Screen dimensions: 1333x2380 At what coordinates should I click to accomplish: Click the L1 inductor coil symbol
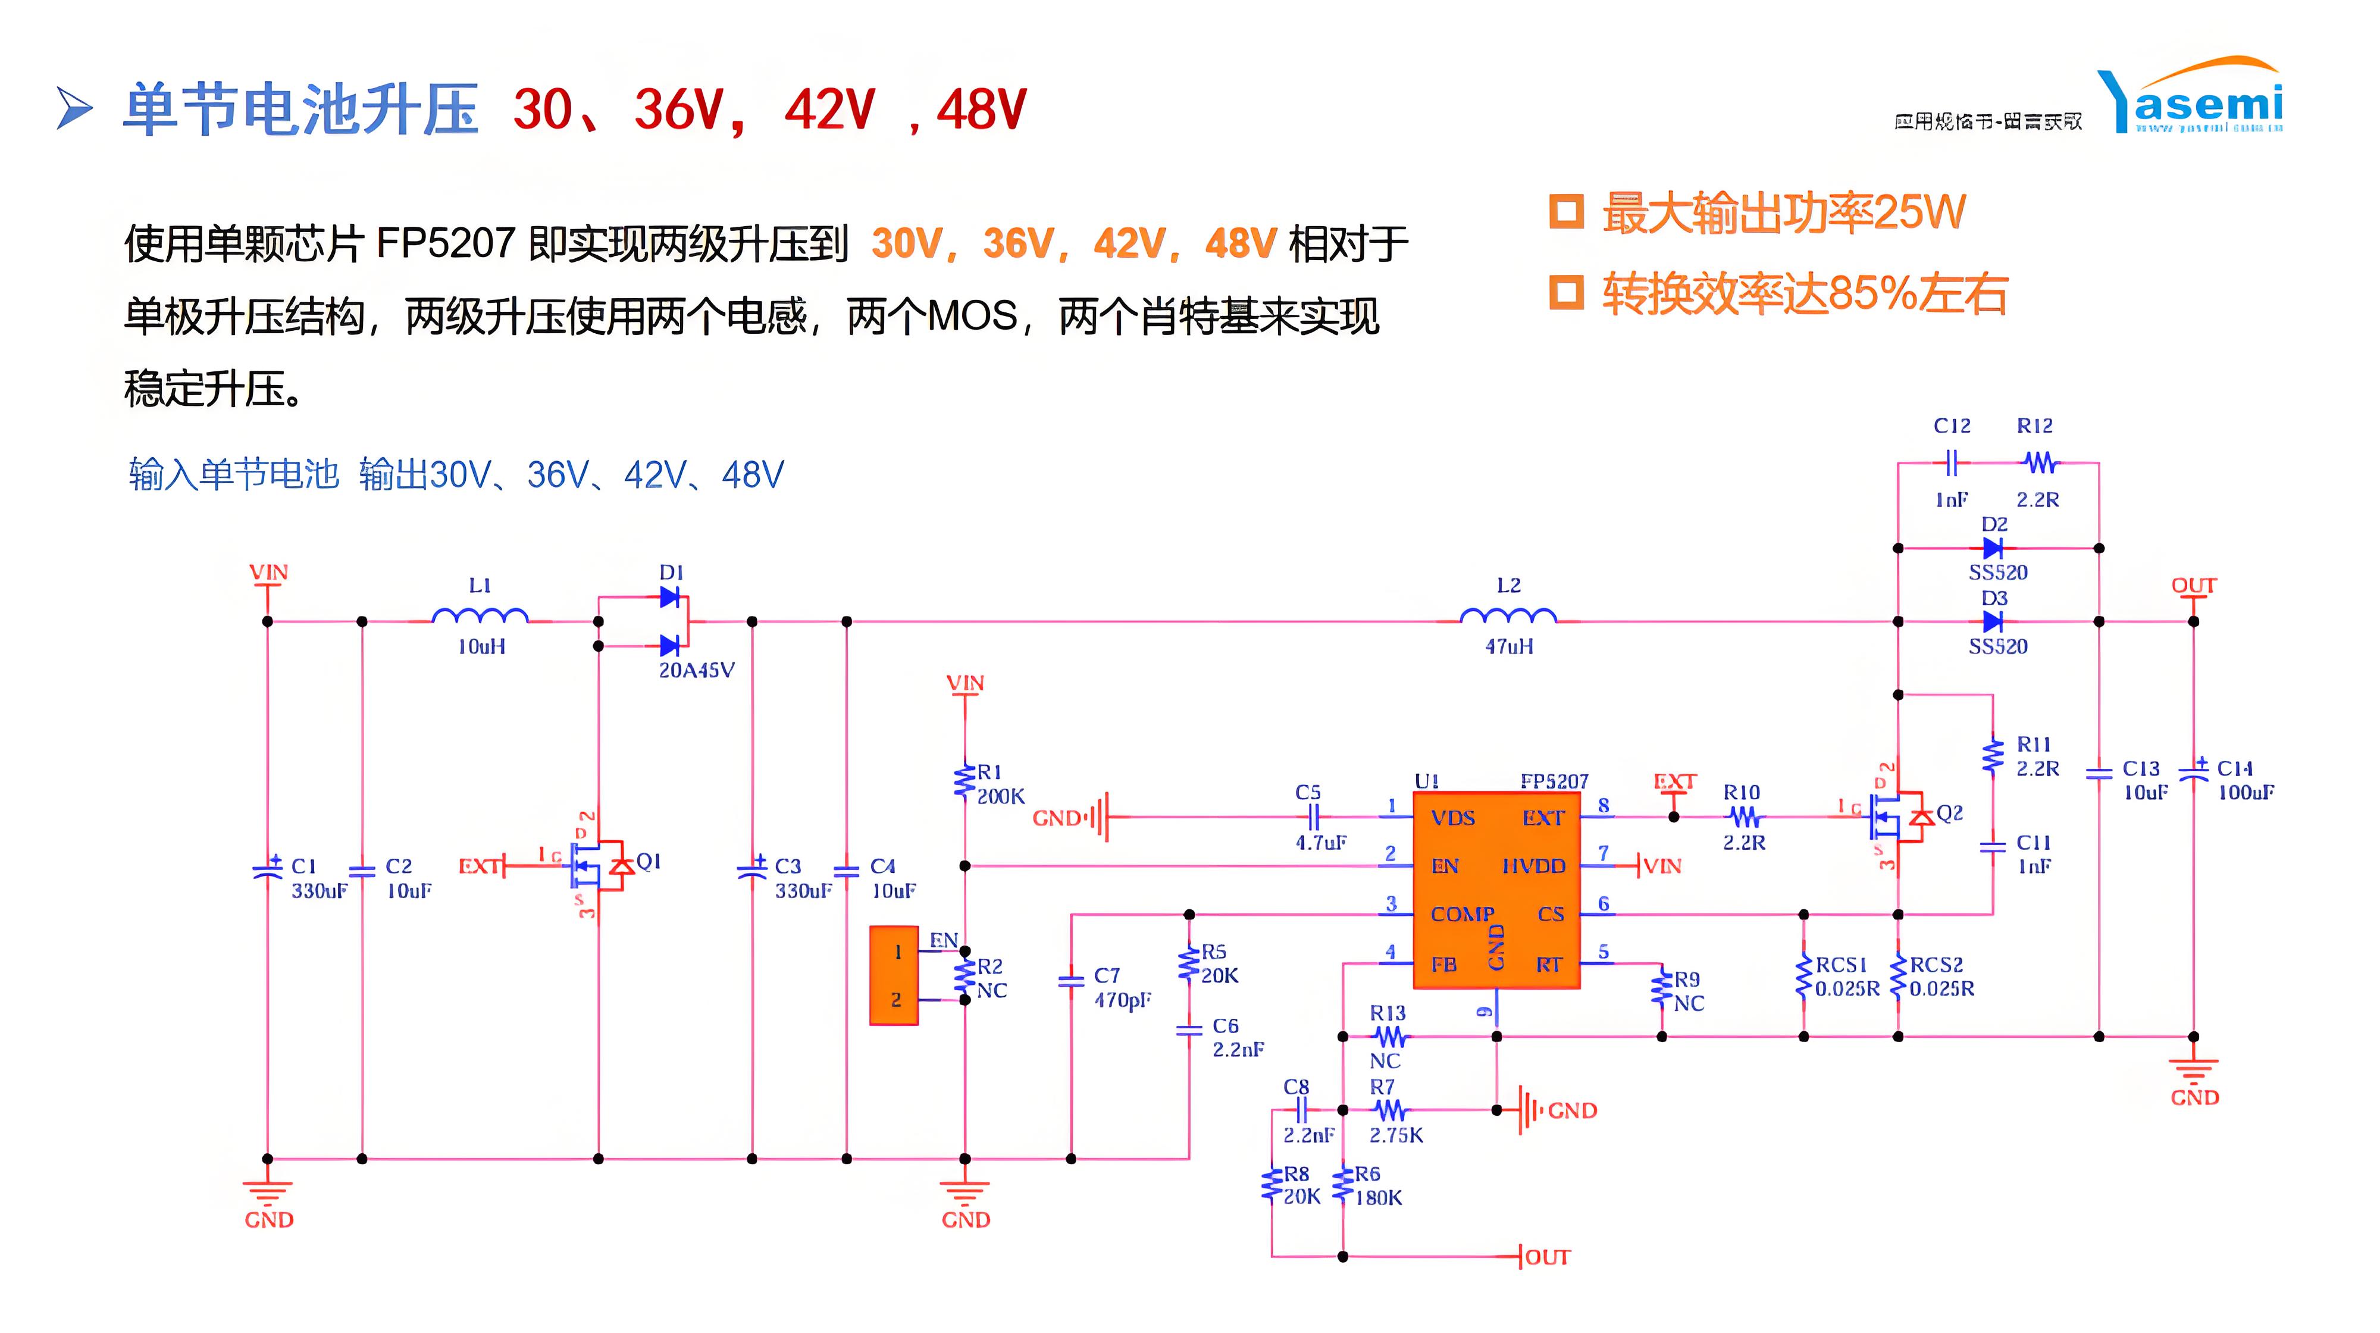(x=480, y=616)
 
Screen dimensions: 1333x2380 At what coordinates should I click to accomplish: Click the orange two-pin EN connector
(x=894, y=975)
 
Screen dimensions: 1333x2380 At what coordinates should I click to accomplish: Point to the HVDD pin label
(x=1534, y=866)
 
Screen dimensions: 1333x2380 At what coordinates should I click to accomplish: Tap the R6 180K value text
(x=1379, y=1198)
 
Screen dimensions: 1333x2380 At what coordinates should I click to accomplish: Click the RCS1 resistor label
(x=1842, y=965)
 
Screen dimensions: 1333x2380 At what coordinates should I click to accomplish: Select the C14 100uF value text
(x=2246, y=793)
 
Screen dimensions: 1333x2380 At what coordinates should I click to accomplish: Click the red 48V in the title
(x=981, y=111)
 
